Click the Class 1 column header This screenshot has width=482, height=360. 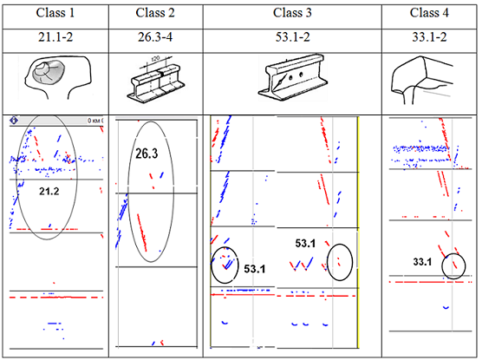tap(55, 15)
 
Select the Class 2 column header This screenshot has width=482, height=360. tap(156, 15)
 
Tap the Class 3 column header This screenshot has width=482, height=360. tap(291, 15)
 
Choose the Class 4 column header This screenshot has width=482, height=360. tap(428, 15)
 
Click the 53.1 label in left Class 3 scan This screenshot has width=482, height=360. tap(255, 269)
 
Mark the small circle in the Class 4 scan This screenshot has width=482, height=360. tap(453, 265)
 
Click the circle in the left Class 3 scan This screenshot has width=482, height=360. tap(225, 265)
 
